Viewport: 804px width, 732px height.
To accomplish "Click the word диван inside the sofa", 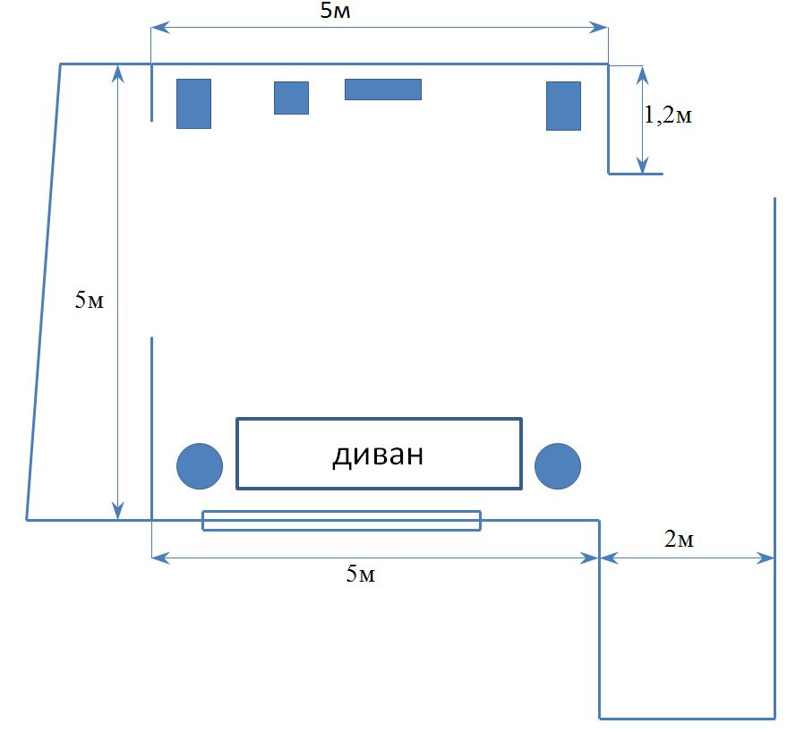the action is [378, 455].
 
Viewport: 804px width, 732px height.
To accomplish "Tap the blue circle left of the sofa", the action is [200, 466].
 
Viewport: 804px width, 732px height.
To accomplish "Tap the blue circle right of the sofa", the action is [558, 466].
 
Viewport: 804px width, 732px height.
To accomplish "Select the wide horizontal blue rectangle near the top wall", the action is [383, 89].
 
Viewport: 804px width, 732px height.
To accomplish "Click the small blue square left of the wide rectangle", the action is [291, 98].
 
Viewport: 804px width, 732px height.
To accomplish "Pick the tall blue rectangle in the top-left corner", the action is [193, 104].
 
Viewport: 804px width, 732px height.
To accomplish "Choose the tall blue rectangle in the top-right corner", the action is [563, 106].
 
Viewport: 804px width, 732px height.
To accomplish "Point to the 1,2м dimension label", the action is [668, 115].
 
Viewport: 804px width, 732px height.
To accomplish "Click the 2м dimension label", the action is [679, 539].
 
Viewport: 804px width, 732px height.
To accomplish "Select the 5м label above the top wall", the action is [336, 10].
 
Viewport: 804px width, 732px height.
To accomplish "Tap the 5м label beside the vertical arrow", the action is [90, 300].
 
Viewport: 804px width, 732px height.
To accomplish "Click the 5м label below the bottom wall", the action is [361, 574].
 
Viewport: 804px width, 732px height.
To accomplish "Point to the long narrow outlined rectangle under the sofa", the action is [341, 520].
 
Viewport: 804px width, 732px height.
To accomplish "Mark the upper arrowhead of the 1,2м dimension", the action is [643, 75].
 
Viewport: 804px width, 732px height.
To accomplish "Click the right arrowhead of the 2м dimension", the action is [766, 558].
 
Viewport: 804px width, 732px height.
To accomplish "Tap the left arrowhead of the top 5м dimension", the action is [160, 27].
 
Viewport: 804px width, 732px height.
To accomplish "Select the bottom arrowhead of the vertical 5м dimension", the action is [118, 511].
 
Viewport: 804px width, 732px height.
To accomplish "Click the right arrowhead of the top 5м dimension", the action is [598, 27].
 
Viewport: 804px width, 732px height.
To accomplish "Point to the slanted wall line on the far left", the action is [44, 292].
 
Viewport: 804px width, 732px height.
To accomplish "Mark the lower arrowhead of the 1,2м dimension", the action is [643, 165].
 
